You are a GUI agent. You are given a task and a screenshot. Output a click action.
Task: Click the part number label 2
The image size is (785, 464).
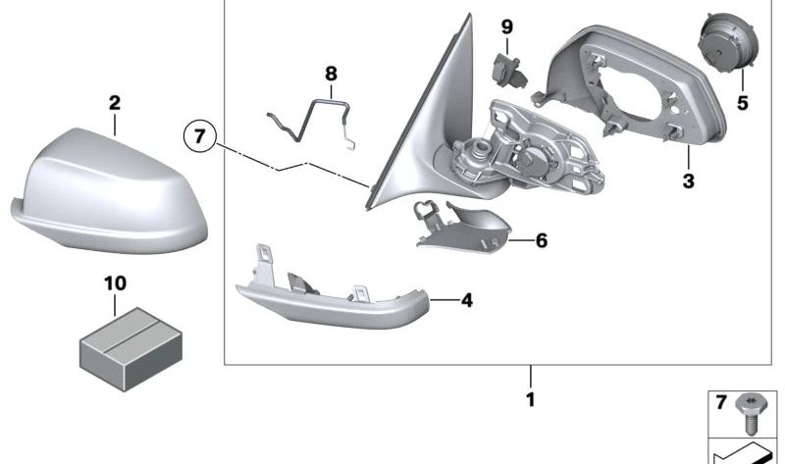click(114, 102)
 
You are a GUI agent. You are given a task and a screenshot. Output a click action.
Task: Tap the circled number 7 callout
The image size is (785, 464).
click(198, 136)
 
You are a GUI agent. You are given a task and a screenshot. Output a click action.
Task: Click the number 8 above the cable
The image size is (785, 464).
click(330, 73)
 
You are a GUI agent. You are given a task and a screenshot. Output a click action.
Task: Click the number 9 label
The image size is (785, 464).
click(506, 26)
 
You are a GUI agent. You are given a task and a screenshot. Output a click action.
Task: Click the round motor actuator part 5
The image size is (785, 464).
click(723, 45)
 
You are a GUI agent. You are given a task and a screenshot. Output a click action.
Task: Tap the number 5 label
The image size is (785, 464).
click(743, 101)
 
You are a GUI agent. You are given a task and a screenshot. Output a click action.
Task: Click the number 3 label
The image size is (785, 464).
click(688, 180)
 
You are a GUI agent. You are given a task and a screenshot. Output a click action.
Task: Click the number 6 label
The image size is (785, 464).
click(542, 239)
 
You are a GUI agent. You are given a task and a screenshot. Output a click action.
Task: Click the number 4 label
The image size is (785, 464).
click(467, 300)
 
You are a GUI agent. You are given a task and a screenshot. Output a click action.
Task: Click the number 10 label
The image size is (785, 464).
click(115, 284)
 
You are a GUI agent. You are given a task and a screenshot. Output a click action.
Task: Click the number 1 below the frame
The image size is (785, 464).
click(531, 399)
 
